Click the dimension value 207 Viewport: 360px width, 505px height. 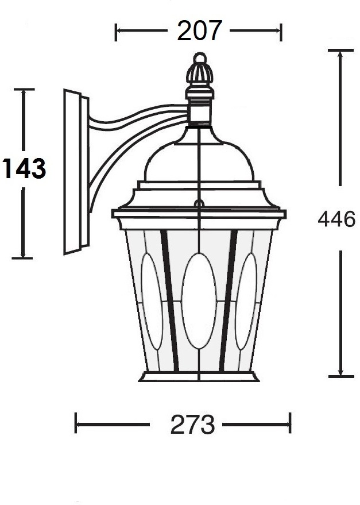coord(200,30)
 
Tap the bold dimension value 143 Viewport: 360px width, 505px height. coord(24,168)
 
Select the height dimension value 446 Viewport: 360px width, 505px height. coord(336,219)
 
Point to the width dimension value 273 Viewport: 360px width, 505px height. coord(192,425)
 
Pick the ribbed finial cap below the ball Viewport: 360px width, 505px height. coord(200,73)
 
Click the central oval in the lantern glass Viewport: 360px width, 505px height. coord(199,301)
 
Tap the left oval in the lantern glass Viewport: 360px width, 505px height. coord(152,302)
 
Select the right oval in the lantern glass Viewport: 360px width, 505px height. coord(246,302)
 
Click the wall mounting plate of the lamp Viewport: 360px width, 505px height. coord(76,172)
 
